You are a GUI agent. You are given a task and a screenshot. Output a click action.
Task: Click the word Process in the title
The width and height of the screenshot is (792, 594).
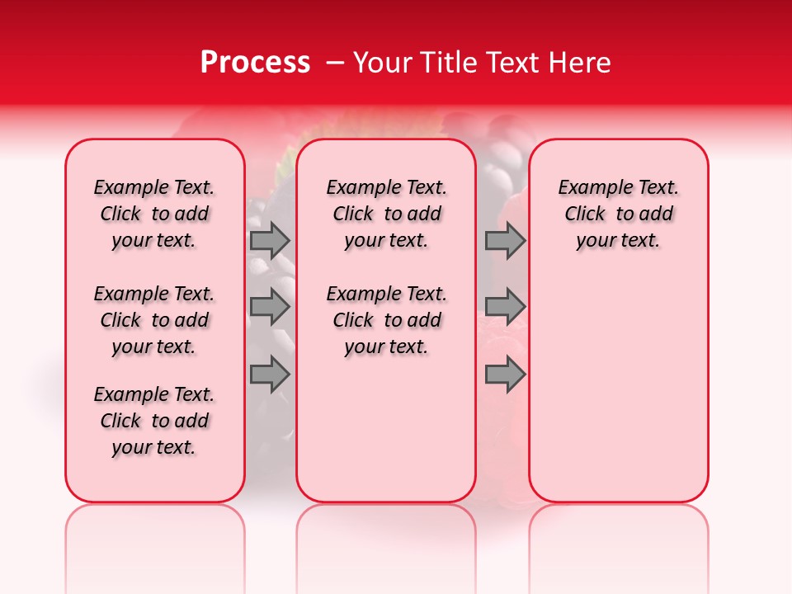[x=254, y=63]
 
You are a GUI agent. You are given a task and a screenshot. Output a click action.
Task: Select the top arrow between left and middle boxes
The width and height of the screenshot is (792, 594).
[x=270, y=240]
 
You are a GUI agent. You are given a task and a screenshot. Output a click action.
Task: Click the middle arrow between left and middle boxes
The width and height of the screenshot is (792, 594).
[x=270, y=308]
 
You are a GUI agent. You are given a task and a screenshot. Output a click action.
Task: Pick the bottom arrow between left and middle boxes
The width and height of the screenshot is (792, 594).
[x=270, y=375]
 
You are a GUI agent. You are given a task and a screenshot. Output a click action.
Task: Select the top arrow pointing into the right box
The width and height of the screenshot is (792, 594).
[x=505, y=240]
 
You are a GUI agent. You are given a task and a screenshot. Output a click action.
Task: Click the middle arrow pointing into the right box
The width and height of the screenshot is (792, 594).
[x=505, y=308]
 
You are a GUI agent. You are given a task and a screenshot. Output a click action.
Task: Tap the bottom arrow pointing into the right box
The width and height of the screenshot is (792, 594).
[x=505, y=375]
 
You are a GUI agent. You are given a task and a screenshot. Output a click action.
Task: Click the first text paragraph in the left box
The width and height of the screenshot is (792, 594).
[x=154, y=214]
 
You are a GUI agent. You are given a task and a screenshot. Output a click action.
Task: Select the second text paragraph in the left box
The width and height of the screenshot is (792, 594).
[x=154, y=320]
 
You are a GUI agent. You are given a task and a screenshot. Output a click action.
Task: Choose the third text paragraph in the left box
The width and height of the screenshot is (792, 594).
[x=154, y=421]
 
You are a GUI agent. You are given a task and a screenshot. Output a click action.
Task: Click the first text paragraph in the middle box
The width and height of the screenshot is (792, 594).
[x=386, y=214]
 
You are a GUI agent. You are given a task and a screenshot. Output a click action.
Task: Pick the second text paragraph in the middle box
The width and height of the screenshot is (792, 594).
[x=386, y=320]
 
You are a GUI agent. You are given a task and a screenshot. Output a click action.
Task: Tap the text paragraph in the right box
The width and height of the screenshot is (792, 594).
[x=619, y=214]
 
